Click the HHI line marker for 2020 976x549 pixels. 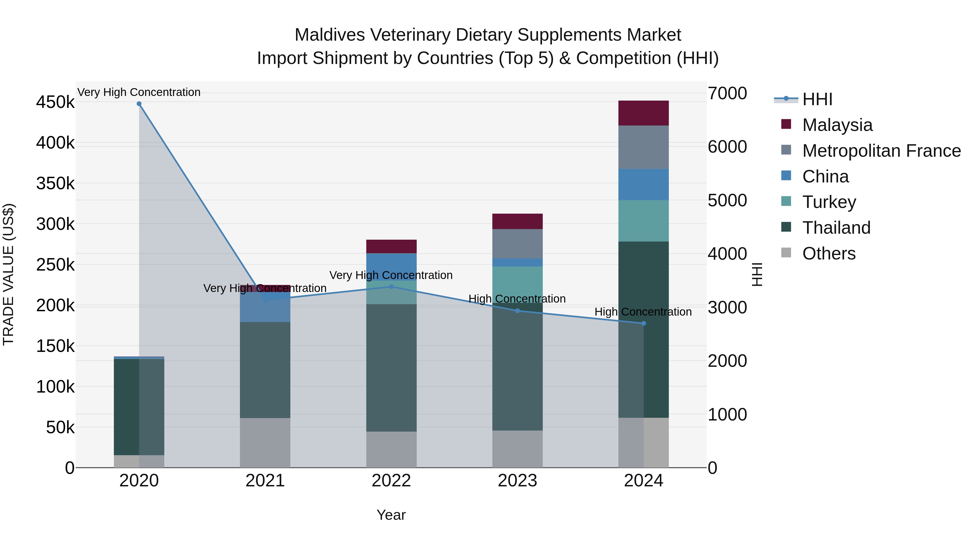point(139,104)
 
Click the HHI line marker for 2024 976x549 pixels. point(643,323)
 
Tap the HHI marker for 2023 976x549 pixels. point(518,311)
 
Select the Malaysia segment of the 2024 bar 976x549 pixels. point(643,113)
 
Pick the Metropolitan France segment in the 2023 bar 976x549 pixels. point(518,244)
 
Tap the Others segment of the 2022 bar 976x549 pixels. point(391,449)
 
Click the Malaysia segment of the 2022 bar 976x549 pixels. point(391,246)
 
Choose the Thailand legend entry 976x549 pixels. point(836,228)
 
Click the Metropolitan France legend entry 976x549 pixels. point(881,151)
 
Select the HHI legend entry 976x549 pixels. point(817,99)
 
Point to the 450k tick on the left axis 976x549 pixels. point(55,102)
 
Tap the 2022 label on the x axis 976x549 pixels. point(391,481)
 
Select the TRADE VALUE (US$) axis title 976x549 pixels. point(8,274)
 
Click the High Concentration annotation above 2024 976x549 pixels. point(643,312)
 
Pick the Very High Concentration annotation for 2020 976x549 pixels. point(139,92)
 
